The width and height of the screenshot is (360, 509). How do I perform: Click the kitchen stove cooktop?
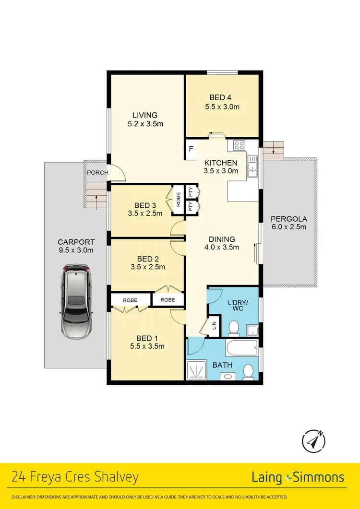click(x=239, y=146)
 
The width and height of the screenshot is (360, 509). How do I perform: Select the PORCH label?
click(x=97, y=173)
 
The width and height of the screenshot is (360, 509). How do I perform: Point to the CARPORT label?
click(x=76, y=242)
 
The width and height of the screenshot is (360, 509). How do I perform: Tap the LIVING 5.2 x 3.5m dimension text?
click(x=145, y=124)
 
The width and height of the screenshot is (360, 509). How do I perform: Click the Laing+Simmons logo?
click(x=298, y=477)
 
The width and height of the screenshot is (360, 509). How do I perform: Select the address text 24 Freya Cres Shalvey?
click(x=75, y=477)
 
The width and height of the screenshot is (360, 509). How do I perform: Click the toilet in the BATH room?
click(x=249, y=371)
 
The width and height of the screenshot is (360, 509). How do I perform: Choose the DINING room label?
click(x=221, y=239)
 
